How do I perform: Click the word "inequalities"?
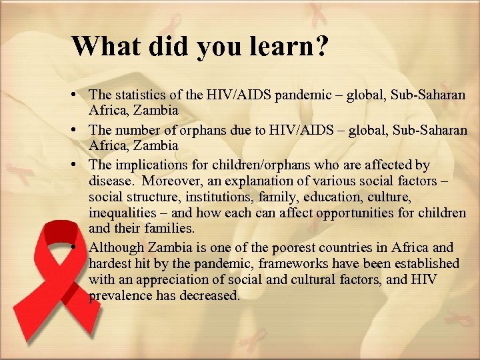[x=121, y=213]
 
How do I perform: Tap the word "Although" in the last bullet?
[x=117, y=247]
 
